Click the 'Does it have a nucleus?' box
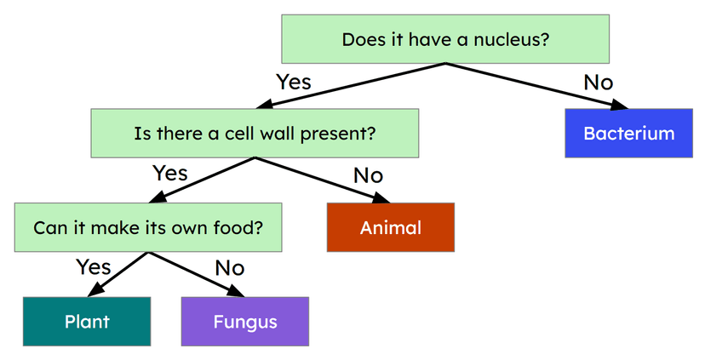pyautogui.click(x=444, y=39)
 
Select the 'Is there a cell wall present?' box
pyautogui.click(x=255, y=133)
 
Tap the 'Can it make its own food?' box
pyautogui.click(x=147, y=227)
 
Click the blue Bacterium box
pyautogui.click(x=628, y=134)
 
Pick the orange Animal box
pyautogui.click(x=391, y=227)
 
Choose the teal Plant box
pyautogui.click(x=87, y=321)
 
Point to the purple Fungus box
pyautogui.click(x=245, y=321)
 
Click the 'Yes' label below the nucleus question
pyautogui.click(x=294, y=83)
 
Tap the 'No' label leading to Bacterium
pyautogui.click(x=598, y=83)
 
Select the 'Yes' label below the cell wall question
pyautogui.click(x=169, y=174)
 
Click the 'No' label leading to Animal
pyautogui.click(x=368, y=175)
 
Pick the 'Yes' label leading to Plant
pyautogui.click(x=94, y=267)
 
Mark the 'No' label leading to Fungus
pyautogui.click(x=229, y=268)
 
